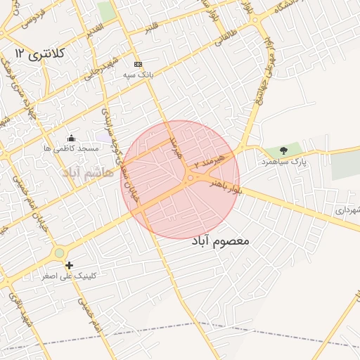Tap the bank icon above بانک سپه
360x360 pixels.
click(137, 63)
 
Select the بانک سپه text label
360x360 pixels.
click(138, 75)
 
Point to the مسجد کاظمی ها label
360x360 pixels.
click(70, 149)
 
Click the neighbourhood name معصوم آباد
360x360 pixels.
click(220, 240)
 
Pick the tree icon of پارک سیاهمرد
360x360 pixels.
click(283, 150)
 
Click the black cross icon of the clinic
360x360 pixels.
click(69, 265)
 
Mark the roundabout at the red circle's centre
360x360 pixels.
click(189, 179)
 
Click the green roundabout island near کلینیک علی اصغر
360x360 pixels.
click(59, 253)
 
